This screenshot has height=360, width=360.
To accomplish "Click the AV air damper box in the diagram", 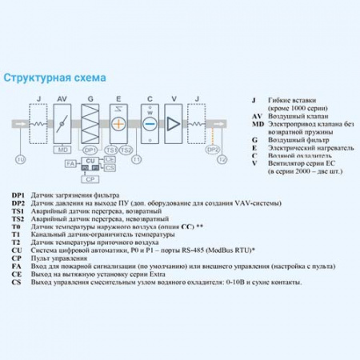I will click(62, 123).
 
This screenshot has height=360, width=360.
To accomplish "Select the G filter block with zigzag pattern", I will click(90, 123).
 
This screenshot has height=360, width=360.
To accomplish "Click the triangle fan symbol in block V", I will click(174, 123).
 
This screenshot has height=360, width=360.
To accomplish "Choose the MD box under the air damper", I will click(62, 150).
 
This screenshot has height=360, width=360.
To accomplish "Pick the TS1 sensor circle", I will click(112, 150).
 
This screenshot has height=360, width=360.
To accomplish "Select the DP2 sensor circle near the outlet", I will click(212, 150).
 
